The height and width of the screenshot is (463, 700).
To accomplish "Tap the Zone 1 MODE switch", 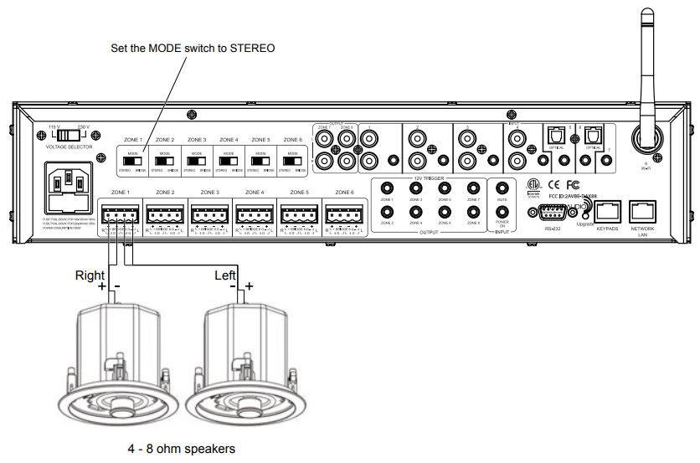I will tap(133, 160).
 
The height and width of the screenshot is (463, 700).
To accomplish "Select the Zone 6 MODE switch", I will tap(293, 160).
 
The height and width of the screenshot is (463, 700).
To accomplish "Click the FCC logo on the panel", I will tap(574, 183).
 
